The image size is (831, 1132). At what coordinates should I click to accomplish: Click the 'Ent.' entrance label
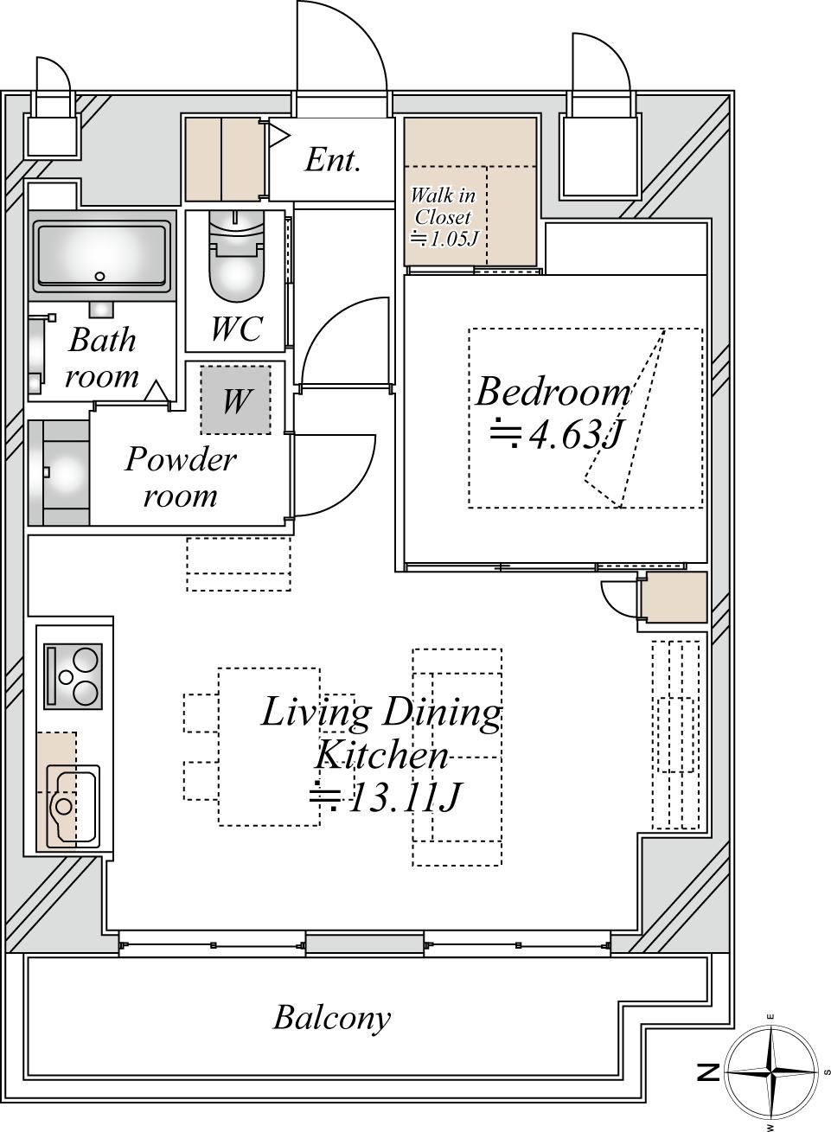click(x=333, y=159)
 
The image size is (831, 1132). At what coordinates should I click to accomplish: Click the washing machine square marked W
click(x=235, y=400)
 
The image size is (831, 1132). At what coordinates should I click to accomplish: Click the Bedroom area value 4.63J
click(x=555, y=434)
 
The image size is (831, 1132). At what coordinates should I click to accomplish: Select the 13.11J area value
click(x=385, y=797)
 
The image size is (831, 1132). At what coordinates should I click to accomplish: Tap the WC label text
click(x=237, y=329)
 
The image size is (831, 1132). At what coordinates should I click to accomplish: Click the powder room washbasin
click(x=61, y=473)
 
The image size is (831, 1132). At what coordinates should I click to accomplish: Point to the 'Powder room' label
click(x=181, y=476)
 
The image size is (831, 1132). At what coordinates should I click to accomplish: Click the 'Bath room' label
click(x=102, y=357)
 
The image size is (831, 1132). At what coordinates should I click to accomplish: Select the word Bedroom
click(x=553, y=392)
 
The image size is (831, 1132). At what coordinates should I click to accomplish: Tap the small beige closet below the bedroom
click(x=674, y=598)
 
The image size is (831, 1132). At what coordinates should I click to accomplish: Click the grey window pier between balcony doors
click(x=364, y=944)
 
